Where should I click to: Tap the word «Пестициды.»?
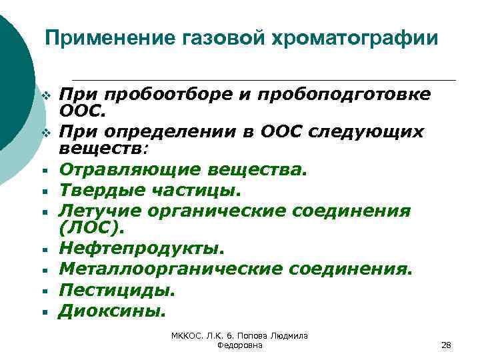tap(117, 289)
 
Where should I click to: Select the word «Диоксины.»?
tap(111, 309)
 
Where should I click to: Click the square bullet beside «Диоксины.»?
tap(41, 311)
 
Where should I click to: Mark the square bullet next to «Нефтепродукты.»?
tap(41, 251)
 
